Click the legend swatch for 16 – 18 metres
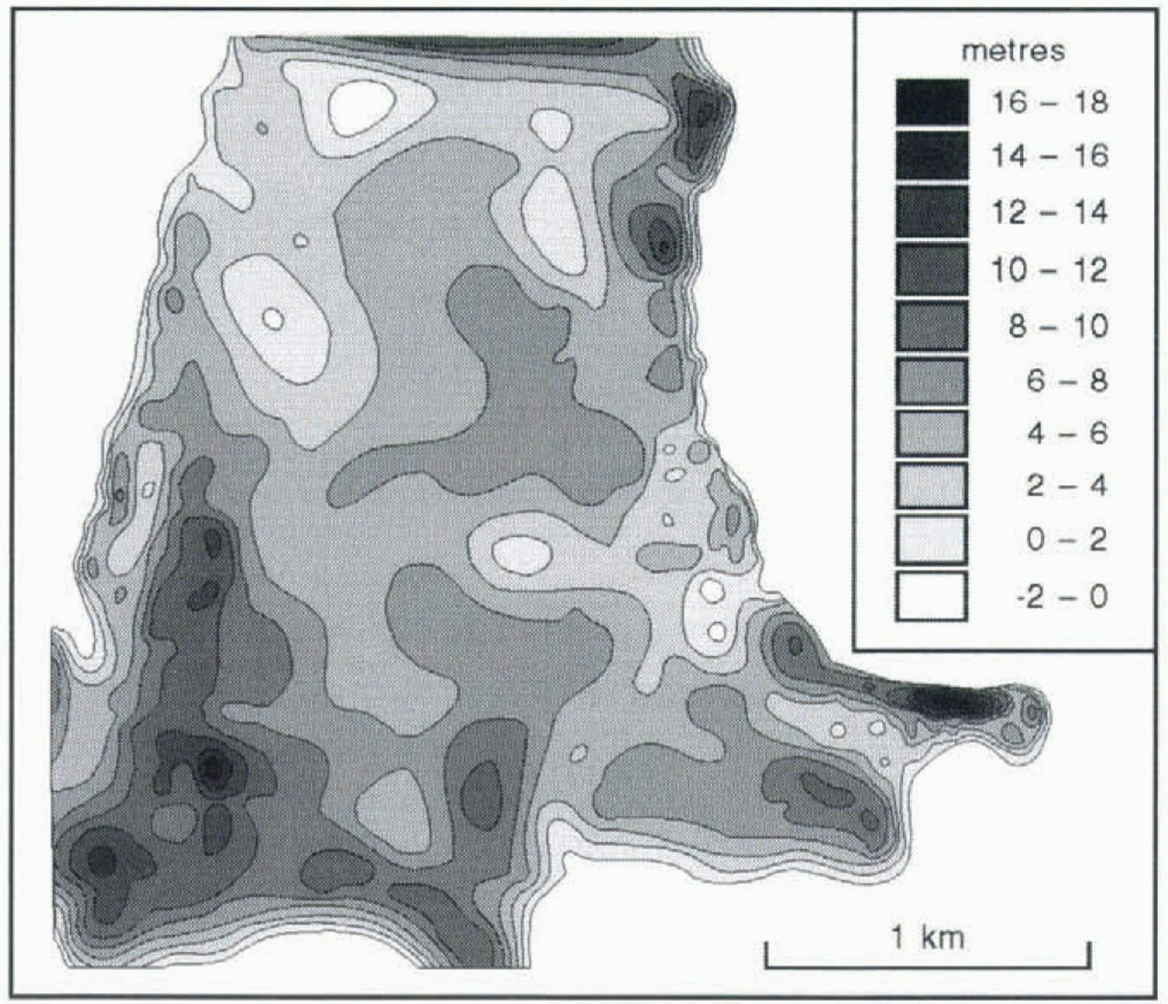tap(932, 102)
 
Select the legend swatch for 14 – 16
tap(932, 156)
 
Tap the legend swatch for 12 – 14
tap(932, 212)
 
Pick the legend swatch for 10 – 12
tap(932, 270)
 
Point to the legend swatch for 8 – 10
tap(932, 325)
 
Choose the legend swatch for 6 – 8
tap(932, 381)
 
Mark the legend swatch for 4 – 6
tap(932, 433)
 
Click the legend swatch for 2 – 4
tap(932, 486)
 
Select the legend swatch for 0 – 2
tap(932, 539)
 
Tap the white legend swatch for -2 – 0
tap(932, 596)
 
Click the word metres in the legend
tap(1013, 51)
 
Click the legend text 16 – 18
tap(1049, 103)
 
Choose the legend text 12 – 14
tap(1049, 213)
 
